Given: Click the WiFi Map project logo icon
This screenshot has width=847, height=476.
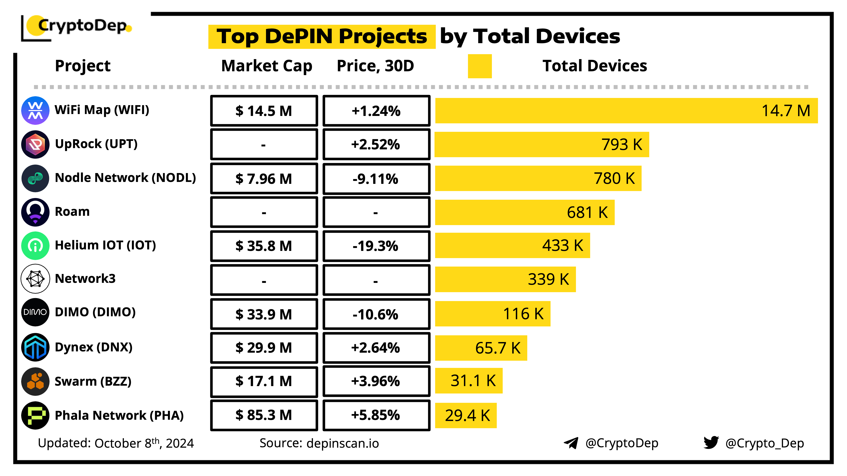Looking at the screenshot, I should pyautogui.click(x=35, y=110).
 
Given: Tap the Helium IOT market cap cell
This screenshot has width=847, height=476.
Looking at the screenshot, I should pyautogui.click(x=264, y=246).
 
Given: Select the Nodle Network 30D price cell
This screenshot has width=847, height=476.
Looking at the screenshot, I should pyautogui.click(x=376, y=179).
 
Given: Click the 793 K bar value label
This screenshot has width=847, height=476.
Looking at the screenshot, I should pyautogui.click(x=621, y=144).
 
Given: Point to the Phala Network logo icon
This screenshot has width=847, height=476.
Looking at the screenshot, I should pyautogui.click(x=35, y=415).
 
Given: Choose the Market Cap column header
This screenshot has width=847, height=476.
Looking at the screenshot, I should pyautogui.click(x=266, y=66).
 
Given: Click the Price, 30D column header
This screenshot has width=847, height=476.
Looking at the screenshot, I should pyautogui.click(x=375, y=66).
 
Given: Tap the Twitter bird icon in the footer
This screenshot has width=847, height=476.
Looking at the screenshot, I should pyautogui.click(x=711, y=443).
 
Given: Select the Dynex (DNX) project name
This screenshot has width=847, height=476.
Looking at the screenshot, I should pyautogui.click(x=93, y=347).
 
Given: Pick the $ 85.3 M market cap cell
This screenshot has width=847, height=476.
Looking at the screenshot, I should pyautogui.click(x=264, y=415).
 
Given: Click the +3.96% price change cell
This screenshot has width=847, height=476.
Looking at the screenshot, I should pyautogui.click(x=376, y=381).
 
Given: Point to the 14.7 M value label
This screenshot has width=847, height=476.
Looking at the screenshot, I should pyautogui.click(x=786, y=111).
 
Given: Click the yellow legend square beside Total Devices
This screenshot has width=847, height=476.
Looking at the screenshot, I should pyautogui.click(x=479, y=66).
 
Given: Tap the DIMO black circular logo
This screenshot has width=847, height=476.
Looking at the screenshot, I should pyautogui.click(x=35, y=312).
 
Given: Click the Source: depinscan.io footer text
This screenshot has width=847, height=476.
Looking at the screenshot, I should pyautogui.click(x=319, y=443).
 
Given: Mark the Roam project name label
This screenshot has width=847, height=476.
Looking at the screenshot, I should pyautogui.click(x=72, y=212).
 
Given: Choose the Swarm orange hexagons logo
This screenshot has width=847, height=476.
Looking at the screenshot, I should pyautogui.click(x=35, y=381).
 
